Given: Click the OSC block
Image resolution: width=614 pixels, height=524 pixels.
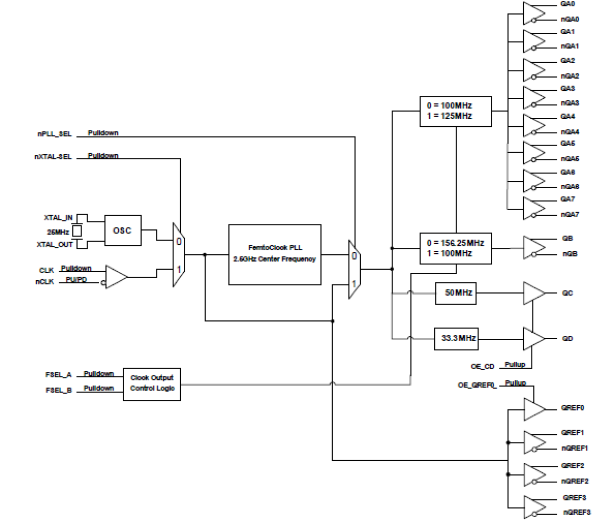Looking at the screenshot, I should pyautogui.click(x=123, y=230).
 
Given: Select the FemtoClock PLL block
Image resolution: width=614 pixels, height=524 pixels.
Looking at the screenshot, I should pyautogui.click(x=275, y=254).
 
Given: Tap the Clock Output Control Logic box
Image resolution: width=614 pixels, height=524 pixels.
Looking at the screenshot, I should pyautogui.click(x=152, y=384).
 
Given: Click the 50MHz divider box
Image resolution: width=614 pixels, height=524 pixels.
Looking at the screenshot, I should pyautogui.click(x=456, y=293).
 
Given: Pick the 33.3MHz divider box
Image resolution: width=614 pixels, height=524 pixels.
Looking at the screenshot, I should pyautogui.click(x=456, y=338).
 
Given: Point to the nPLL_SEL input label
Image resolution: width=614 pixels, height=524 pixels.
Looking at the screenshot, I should pyautogui.click(x=54, y=134).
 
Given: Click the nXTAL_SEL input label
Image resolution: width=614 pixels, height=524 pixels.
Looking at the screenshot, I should pyautogui.click(x=53, y=157).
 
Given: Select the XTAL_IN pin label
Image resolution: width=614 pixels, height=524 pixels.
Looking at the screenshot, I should pyautogui.click(x=58, y=218).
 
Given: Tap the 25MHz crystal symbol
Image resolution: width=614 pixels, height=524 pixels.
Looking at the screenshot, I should pyautogui.click(x=77, y=231).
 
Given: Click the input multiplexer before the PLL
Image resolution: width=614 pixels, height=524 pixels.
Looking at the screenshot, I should pyautogui.click(x=178, y=255).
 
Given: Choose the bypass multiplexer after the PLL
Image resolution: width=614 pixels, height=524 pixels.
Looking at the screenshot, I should pyautogui.click(x=354, y=269).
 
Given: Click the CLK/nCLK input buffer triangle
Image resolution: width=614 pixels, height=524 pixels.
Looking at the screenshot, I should pyautogui.click(x=115, y=277).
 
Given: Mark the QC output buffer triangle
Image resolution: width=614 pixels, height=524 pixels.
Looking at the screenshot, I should pyautogui.click(x=533, y=293).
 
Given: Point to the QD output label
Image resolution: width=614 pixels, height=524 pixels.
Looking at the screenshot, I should pyautogui.click(x=567, y=338).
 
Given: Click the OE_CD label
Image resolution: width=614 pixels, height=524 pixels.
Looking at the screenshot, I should pyautogui.click(x=482, y=366).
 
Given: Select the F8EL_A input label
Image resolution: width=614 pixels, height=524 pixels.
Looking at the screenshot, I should pyautogui.click(x=58, y=375).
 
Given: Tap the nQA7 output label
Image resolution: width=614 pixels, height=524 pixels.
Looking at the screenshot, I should pyautogui.click(x=570, y=215).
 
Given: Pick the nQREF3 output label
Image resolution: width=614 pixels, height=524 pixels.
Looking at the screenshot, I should pyautogui.click(x=576, y=512).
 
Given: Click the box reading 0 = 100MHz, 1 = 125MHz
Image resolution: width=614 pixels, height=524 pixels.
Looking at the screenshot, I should pyautogui.click(x=455, y=111).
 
